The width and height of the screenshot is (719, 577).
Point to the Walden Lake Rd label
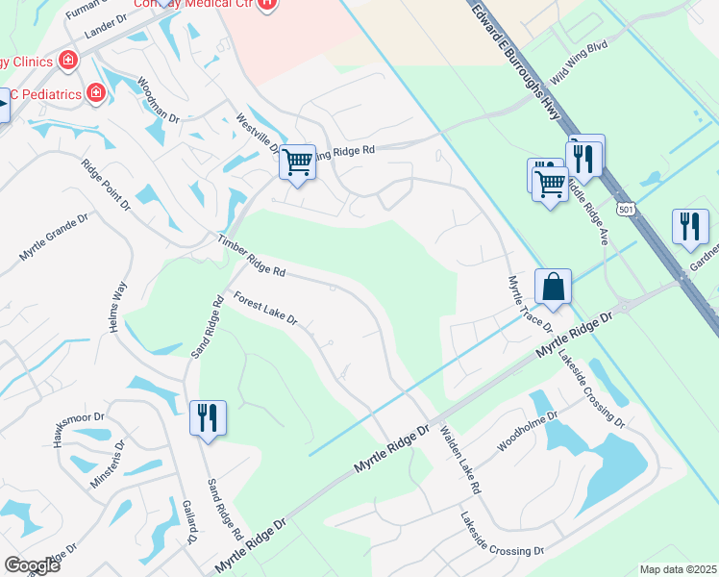459,461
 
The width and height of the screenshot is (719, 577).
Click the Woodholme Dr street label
520,439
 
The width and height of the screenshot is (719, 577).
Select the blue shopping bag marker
553,286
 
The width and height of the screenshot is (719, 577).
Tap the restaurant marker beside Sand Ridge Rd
208,417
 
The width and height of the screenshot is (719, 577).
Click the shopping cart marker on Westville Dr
298,163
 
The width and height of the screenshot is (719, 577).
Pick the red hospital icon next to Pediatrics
95,93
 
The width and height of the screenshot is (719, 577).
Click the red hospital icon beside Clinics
68,62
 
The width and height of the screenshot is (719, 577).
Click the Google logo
33,565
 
